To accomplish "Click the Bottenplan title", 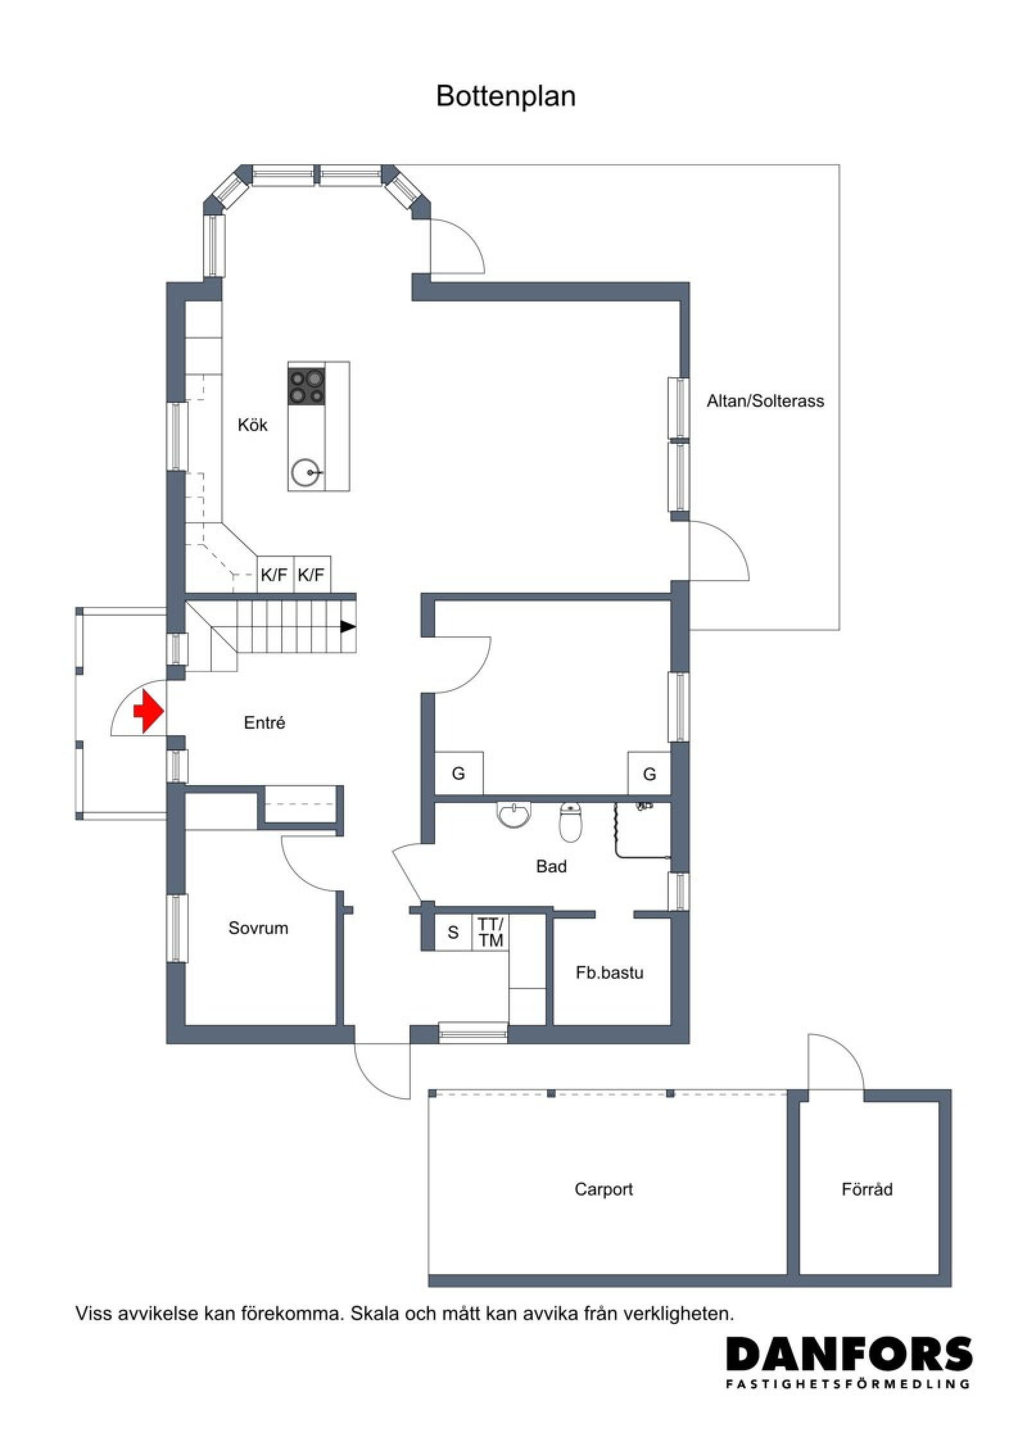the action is coord(506,96).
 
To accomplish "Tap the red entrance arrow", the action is coord(148,711).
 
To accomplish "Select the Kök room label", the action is coord(252,425).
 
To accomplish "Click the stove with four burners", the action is coord(306,385).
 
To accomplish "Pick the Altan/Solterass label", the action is coord(765,402).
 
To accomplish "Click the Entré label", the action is coord(264,723).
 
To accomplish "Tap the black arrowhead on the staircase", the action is coord(347,627).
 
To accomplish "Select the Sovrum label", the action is coord(258,928).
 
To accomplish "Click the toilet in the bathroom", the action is coord(570,823).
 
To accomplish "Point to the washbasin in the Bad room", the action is coord(515,814).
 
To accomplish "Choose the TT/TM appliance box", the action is coord(491,932).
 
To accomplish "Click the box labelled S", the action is coord(453,932).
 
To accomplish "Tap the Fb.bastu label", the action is coord(609,972).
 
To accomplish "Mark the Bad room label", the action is coord(551,867).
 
